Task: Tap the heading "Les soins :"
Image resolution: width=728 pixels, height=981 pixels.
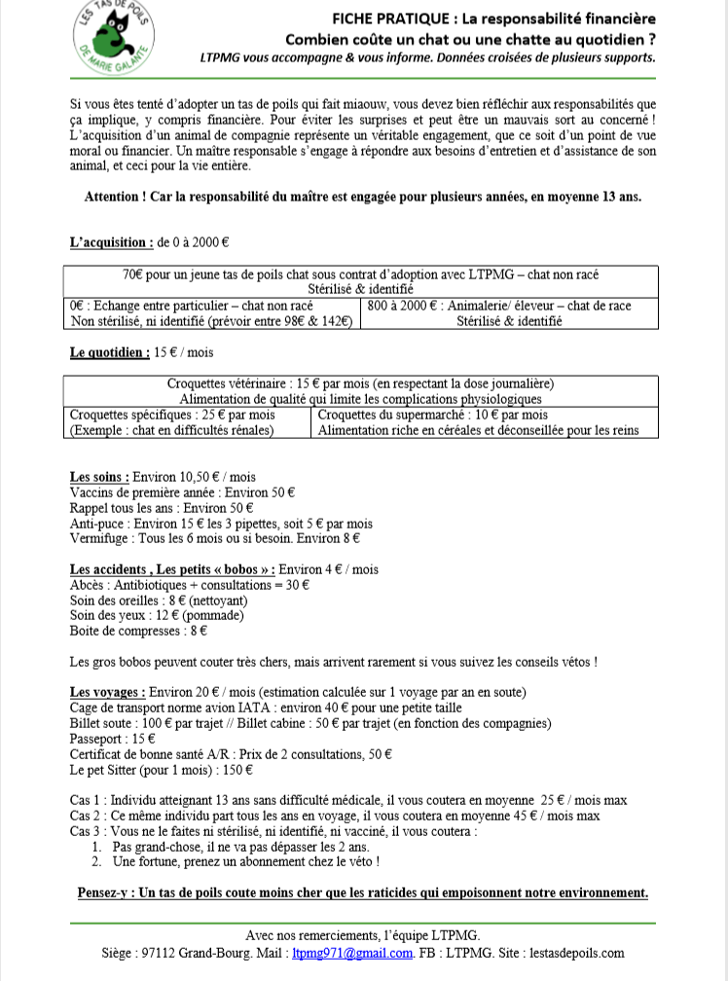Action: [99, 477]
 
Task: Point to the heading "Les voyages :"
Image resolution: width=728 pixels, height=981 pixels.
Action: [108, 692]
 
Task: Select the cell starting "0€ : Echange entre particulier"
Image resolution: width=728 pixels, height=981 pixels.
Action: [211, 313]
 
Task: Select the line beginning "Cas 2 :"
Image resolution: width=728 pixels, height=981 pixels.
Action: [335, 816]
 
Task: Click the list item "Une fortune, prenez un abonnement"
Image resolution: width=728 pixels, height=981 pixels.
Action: [245, 861]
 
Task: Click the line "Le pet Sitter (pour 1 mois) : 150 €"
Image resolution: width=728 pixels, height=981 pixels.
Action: [162, 770]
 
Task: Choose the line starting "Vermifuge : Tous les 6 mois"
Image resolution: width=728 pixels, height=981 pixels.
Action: [215, 537]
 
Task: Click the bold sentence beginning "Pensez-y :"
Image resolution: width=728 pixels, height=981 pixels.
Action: [362, 892]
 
